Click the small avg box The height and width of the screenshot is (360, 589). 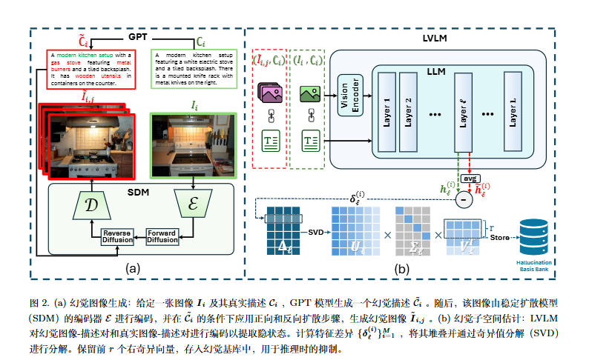coord(469,178)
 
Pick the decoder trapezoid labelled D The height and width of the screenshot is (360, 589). coord(93,204)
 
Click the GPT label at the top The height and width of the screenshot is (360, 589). coord(138,36)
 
